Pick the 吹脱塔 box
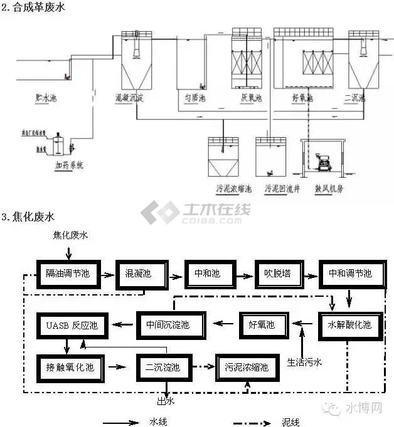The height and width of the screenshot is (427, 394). point(276,274)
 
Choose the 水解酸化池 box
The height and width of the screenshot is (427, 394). point(349,325)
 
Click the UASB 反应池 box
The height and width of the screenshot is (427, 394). point(69,325)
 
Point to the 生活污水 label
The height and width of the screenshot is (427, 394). point(306,362)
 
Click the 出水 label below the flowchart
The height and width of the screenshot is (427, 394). point(164,401)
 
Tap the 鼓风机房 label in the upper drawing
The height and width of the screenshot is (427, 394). point(322,187)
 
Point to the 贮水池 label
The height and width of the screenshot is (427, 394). point(46,98)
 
